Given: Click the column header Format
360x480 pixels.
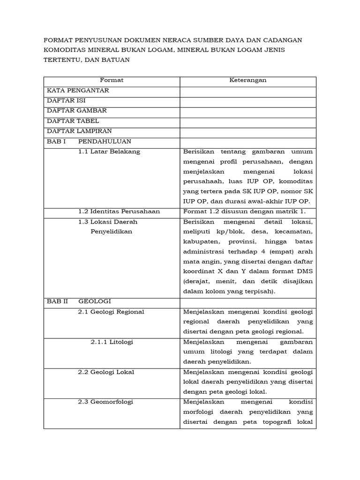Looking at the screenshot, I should click(112, 80).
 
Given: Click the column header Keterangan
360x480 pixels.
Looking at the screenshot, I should click(248, 80).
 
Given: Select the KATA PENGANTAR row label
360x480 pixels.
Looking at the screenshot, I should click(78, 90).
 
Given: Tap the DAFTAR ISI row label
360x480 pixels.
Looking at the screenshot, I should click(66, 100).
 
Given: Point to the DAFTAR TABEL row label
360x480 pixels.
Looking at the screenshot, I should click(73, 121).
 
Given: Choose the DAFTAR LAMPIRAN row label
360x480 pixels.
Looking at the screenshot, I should click(79, 131).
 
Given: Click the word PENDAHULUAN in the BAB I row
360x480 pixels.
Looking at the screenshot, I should click(105, 141).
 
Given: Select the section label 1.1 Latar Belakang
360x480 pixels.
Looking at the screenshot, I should click(109, 151).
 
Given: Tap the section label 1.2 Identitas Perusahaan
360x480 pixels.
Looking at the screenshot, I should click(119, 211).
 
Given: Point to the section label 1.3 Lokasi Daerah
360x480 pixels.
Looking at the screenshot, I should click(108, 222).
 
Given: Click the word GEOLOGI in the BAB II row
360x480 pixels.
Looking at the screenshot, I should click(95, 301).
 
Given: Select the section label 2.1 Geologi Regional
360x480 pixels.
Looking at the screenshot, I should click(111, 312).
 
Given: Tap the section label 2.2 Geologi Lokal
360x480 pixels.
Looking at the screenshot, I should click(106, 372).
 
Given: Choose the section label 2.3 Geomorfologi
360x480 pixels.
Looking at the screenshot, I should click(105, 402).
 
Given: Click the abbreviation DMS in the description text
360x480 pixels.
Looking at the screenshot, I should click(304, 271).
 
